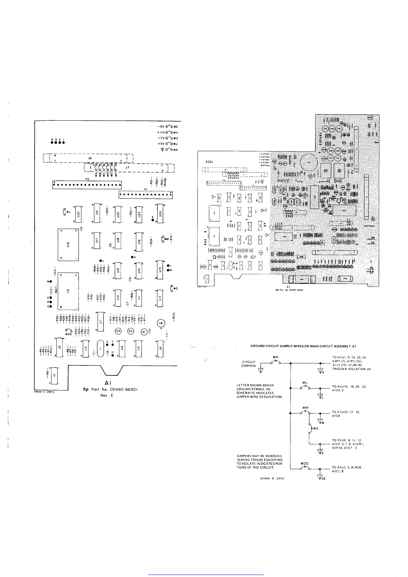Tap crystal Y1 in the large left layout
click(x=100, y=349)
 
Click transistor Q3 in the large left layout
click(x=118, y=331)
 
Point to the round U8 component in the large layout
click(x=160, y=323)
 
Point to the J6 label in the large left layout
click(x=90, y=158)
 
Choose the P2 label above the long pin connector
click(x=87, y=179)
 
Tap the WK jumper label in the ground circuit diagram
click(x=275, y=357)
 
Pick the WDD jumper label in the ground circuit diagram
click(x=304, y=464)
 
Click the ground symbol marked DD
click(x=321, y=478)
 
